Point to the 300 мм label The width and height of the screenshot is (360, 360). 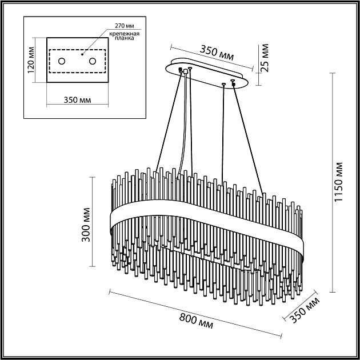tap(86, 229)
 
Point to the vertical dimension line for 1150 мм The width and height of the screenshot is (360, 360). tap(332, 184)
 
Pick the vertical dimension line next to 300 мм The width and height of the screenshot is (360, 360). tap(93, 222)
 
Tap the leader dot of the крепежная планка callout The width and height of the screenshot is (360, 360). tap(82, 55)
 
